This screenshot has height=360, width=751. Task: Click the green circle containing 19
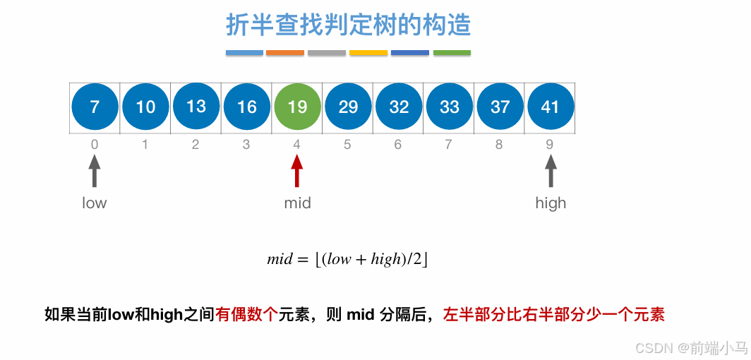[x=297, y=107]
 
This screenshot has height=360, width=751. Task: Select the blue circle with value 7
[x=95, y=107]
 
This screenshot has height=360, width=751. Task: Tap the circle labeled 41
[x=550, y=107]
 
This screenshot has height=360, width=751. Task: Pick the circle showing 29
[x=348, y=107]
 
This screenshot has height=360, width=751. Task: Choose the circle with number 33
[x=450, y=107]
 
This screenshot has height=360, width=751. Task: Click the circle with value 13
[x=196, y=107]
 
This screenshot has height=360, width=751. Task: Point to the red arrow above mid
[x=297, y=171]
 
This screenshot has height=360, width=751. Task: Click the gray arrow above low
[x=95, y=171]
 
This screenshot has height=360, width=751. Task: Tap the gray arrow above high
[x=551, y=171]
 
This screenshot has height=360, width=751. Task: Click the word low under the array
[x=95, y=203]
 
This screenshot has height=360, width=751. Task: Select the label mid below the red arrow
[x=297, y=203]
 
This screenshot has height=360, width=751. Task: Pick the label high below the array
[x=551, y=203]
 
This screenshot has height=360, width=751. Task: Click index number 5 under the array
[x=347, y=145]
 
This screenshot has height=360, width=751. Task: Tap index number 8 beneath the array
[x=500, y=145]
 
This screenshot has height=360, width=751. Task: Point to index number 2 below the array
[x=196, y=145]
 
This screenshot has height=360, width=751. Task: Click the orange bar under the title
[x=285, y=53]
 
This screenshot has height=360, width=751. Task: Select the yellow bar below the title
[x=368, y=53]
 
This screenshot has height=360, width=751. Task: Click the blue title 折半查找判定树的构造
[x=348, y=25]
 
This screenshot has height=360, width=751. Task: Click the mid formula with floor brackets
[x=348, y=259]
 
